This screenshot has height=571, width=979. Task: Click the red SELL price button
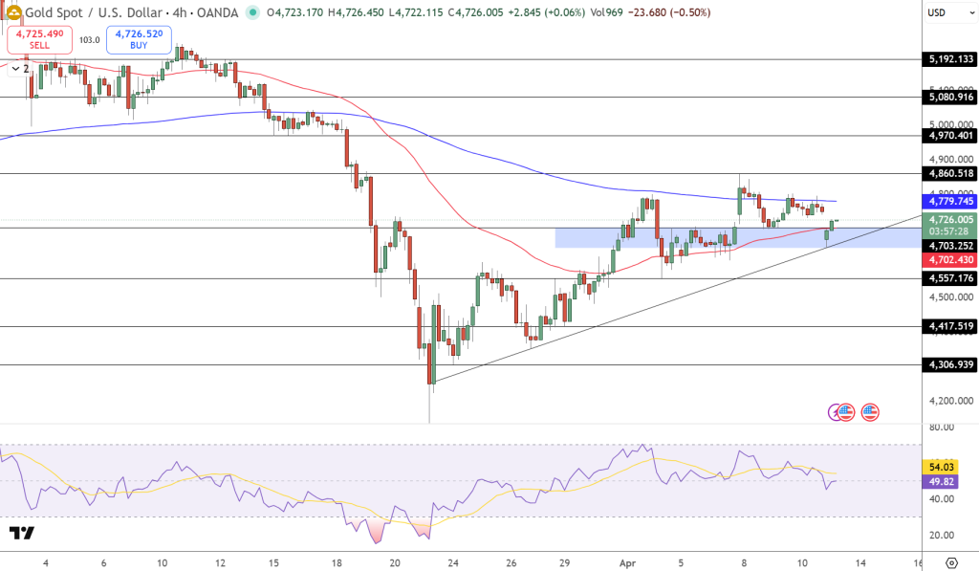[x=39, y=39]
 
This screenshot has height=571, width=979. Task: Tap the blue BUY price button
[x=139, y=39]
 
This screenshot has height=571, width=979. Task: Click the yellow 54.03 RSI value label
[x=936, y=466]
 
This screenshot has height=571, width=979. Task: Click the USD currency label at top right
[x=936, y=12]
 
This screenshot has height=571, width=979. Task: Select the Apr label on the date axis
[x=623, y=562]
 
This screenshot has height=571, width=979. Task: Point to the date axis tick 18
[x=336, y=562]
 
